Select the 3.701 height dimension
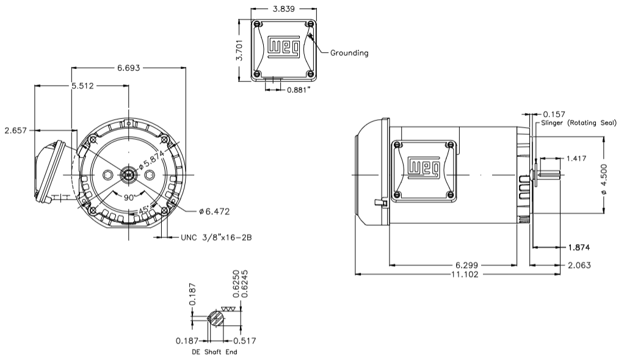(x=242, y=50)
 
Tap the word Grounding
(x=349, y=53)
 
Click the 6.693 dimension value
(x=129, y=68)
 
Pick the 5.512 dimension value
(x=82, y=86)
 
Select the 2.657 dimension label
(x=15, y=130)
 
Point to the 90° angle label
(x=128, y=198)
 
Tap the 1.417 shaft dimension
(x=578, y=159)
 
